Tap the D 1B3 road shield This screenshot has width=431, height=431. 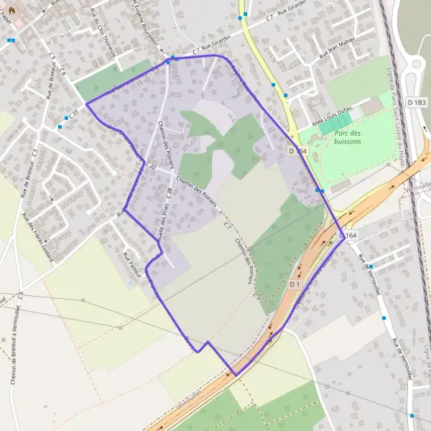point(417,103)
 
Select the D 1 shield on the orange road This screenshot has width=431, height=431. point(294,285)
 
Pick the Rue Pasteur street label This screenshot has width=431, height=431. point(129,265)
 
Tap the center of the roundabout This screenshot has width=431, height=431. point(421,70)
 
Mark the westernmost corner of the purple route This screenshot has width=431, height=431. point(86,103)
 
